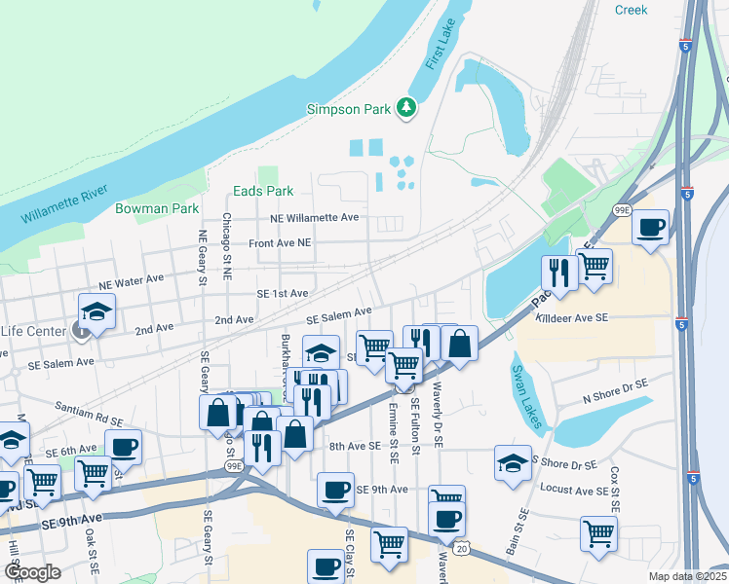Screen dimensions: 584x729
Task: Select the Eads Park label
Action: point(263,192)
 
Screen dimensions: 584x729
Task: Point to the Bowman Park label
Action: point(157,208)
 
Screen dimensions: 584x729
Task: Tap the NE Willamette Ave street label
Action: point(315,218)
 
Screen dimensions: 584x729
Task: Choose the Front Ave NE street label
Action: point(279,242)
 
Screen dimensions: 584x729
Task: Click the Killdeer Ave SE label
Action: point(570,318)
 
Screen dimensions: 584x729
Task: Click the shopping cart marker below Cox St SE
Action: point(598,531)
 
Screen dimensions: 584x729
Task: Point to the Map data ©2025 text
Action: point(687,576)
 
